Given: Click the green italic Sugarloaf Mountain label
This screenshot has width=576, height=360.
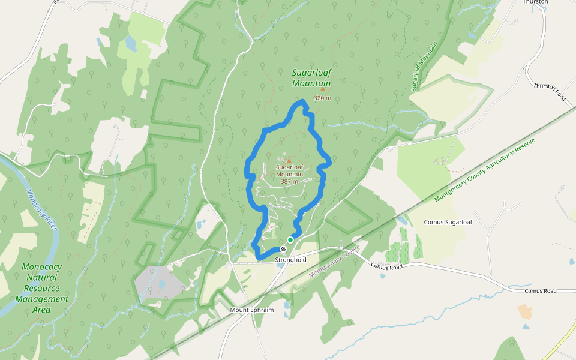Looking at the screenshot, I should pyautogui.click(x=311, y=78).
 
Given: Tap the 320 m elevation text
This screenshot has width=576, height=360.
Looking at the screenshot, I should pyautogui.click(x=322, y=98).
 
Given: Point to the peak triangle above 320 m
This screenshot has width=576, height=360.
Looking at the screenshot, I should pyautogui.click(x=322, y=89).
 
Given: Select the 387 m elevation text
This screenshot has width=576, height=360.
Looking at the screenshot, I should pyautogui.click(x=289, y=181).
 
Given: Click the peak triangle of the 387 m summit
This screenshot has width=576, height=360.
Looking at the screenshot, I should pyautogui.click(x=289, y=161).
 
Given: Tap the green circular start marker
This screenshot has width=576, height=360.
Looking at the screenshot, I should pyautogui.click(x=290, y=240).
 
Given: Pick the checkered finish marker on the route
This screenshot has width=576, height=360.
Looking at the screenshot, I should pyautogui.click(x=283, y=249).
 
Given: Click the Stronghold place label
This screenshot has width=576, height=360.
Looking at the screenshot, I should pyautogui.click(x=290, y=260).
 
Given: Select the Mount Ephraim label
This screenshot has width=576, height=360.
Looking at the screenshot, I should pyautogui.click(x=252, y=310).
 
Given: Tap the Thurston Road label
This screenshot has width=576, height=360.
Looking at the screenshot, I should pyautogui.click(x=550, y=91).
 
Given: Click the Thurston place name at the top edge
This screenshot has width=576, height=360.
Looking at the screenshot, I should pyautogui.click(x=535, y=2).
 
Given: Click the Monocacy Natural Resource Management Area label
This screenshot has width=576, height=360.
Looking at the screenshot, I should pyautogui.click(x=41, y=288).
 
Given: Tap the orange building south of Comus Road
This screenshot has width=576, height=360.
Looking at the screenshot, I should pyautogui.click(x=525, y=311).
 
